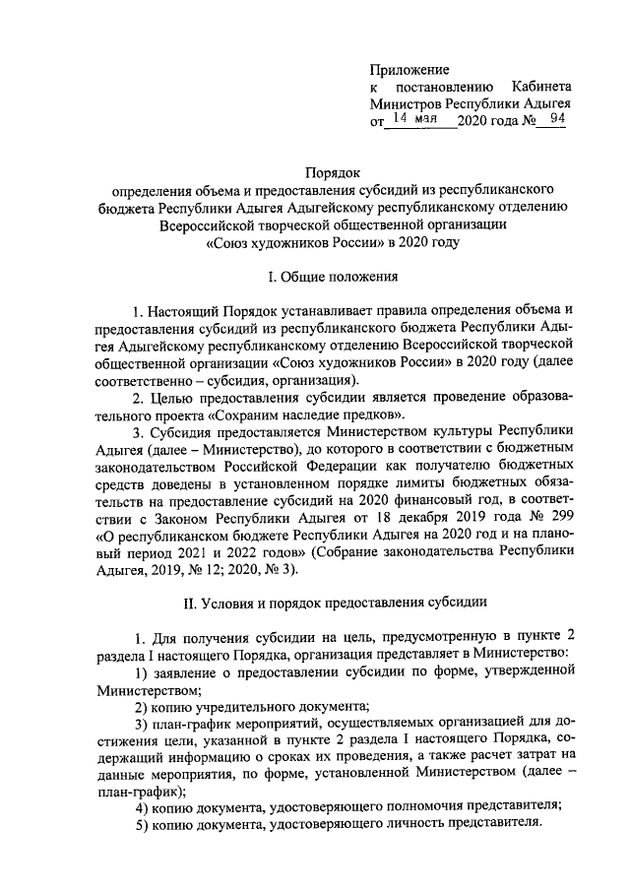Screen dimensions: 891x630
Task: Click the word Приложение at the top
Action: (409, 70)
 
